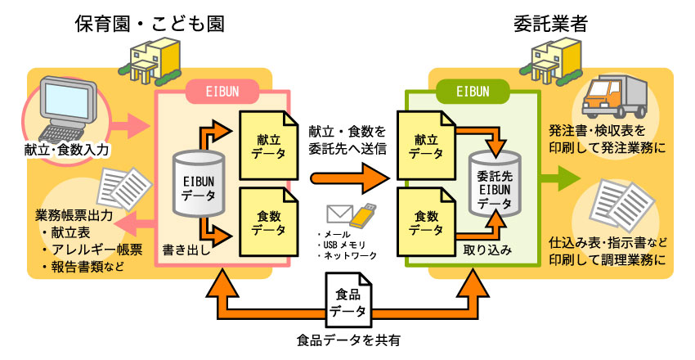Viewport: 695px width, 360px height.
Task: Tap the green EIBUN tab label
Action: [473, 90]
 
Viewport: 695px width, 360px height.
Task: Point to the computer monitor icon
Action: [68, 107]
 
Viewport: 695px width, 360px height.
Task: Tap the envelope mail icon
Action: [339, 214]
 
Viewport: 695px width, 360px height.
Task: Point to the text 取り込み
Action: [488, 250]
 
